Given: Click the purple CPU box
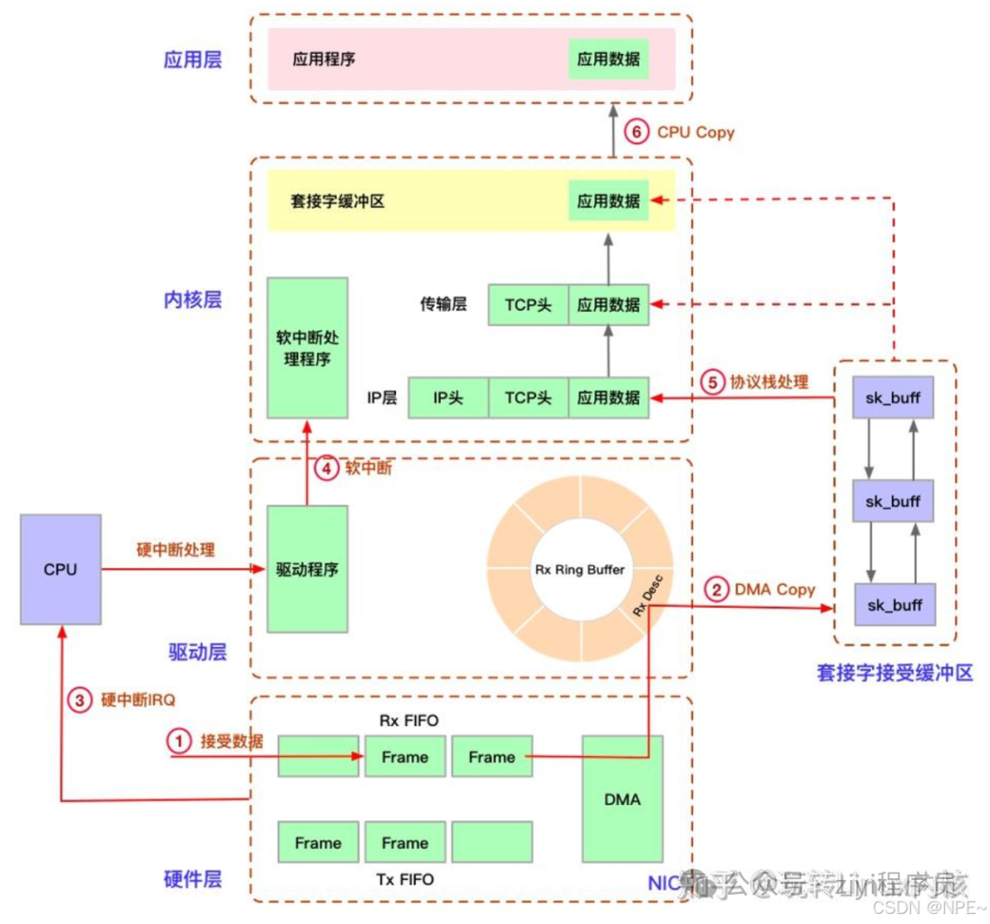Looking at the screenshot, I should (60, 569).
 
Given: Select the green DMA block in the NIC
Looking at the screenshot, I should (622, 798).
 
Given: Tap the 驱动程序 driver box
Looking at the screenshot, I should (307, 569).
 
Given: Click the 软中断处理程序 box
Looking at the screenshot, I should (307, 347).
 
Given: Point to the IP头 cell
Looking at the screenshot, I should (448, 398).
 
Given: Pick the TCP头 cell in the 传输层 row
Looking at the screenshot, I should (528, 304).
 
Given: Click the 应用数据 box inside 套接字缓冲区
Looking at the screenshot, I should (609, 200).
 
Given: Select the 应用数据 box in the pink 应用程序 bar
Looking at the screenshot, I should (609, 60).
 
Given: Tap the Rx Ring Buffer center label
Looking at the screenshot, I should (579, 569).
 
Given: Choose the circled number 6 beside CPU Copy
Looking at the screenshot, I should (636, 132).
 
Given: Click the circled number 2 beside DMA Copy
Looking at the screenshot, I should (715, 589).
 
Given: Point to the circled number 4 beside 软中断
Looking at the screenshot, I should (325, 468).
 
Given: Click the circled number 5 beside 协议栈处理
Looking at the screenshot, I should (711, 381).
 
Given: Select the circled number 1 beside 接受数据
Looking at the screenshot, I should (179, 741).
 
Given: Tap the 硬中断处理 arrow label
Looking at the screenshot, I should (175, 549).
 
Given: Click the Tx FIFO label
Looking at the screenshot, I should (404, 880).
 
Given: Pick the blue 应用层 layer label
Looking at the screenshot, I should (192, 60).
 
